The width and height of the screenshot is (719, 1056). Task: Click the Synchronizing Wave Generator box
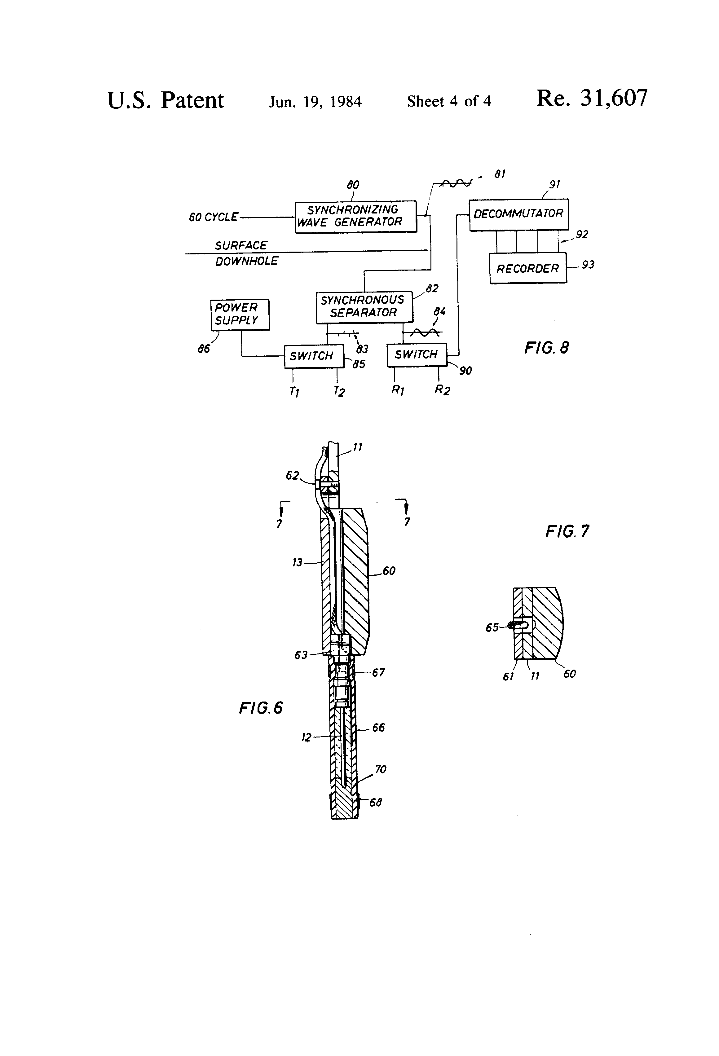[x=355, y=217]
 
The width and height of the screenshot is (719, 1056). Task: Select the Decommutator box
[x=518, y=214]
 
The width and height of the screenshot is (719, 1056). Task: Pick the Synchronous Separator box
[x=364, y=307]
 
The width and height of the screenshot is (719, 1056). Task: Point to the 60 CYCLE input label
[x=213, y=217]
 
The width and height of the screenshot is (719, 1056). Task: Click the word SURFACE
[x=241, y=245]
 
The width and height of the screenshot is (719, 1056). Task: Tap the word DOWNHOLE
[x=246, y=261]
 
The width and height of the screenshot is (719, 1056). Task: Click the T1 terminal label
[x=294, y=391]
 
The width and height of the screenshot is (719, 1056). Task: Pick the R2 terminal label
[x=442, y=390]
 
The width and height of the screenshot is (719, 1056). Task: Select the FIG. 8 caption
[x=547, y=348]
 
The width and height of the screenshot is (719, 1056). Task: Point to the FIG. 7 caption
[x=567, y=531]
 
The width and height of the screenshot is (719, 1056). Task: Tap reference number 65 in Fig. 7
[x=492, y=627]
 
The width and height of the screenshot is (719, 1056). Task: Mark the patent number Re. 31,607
[x=592, y=98]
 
